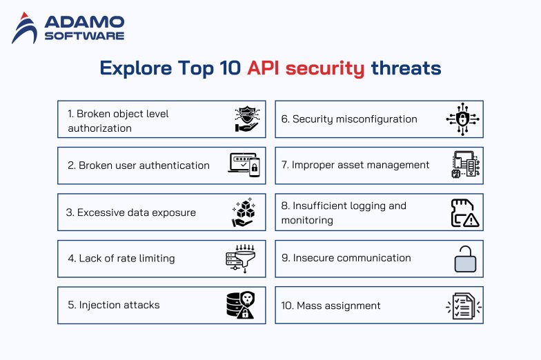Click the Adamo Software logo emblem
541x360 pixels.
[25, 28]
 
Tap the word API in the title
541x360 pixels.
[264, 68]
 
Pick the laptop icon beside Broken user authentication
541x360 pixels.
[244, 166]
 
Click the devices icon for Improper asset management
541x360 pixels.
[466, 166]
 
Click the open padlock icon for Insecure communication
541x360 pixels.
[465, 260]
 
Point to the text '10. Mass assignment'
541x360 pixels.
[331, 305]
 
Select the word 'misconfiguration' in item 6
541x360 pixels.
[377, 119]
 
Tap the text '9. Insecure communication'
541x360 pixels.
[346, 258]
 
